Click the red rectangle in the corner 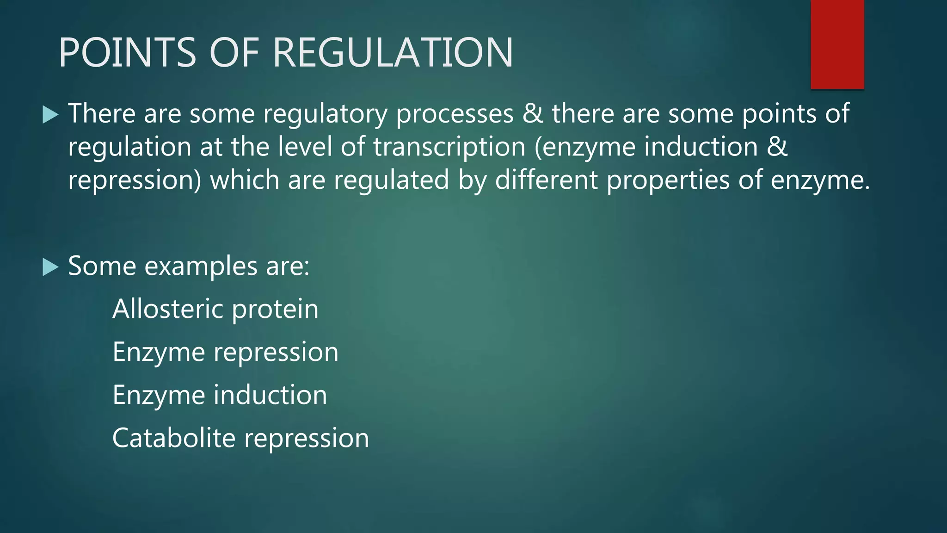pyautogui.click(x=837, y=44)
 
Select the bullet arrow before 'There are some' pyautogui.click(x=50, y=114)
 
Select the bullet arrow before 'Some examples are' pyautogui.click(x=50, y=267)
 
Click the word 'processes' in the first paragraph pyautogui.click(x=455, y=114)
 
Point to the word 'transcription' pyautogui.click(x=449, y=147)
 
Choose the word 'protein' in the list pyautogui.click(x=275, y=310)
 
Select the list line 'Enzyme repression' pyautogui.click(x=225, y=352)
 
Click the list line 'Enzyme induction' pyautogui.click(x=220, y=395)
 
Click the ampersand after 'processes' pyautogui.click(x=533, y=114)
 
